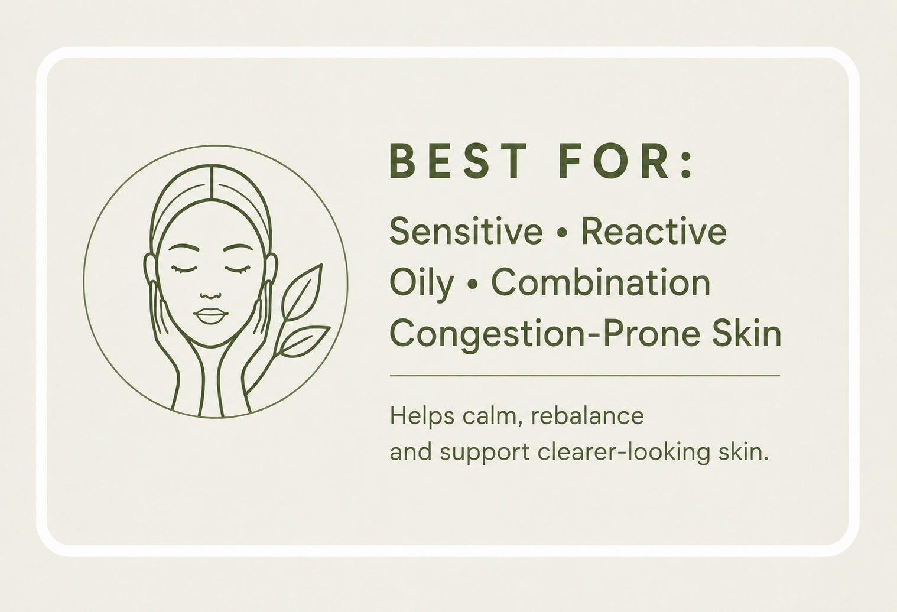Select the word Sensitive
[x=466, y=232]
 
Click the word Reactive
[x=654, y=232]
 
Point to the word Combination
[x=601, y=282]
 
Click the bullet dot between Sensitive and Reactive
[x=562, y=234]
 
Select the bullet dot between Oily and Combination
[x=473, y=285]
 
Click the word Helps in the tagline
[x=422, y=417]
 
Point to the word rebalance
[x=587, y=416]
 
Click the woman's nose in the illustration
[x=210, y=294]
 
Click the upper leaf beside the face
[x=302, y=292]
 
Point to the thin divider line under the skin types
[x=584, y=376]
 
